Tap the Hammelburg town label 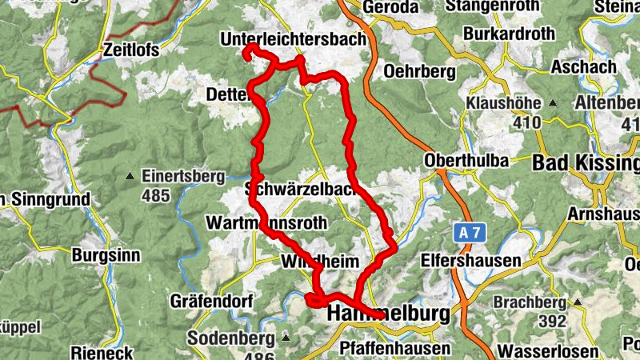[x=389, y=315]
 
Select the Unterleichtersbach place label [x=293, y=38]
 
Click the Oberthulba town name [x=466, y=161]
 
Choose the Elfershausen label [x=470, y=261]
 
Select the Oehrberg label [x=419, y=71]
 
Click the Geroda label [x=390, y=7]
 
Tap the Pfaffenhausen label [x=394, y=349]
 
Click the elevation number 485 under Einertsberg [x=158, y=194]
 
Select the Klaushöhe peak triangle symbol [x=552, y=104]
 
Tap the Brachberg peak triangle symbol [x=576, y=303]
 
